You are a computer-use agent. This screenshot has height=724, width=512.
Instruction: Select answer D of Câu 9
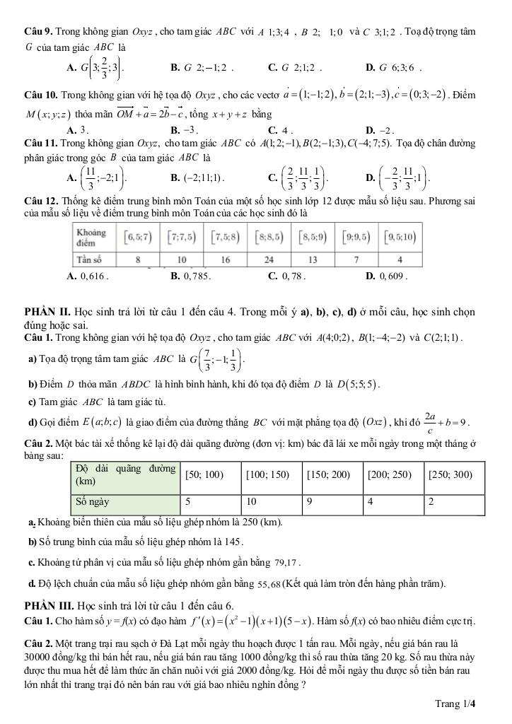393,68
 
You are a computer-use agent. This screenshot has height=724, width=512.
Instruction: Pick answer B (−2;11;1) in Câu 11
198,177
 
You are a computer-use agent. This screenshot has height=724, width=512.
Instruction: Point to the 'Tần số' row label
91,258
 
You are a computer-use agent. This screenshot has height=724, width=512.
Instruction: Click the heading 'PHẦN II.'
50,311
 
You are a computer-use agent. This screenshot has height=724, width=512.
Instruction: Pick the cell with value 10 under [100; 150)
251,502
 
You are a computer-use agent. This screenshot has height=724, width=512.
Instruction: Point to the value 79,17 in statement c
289,564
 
